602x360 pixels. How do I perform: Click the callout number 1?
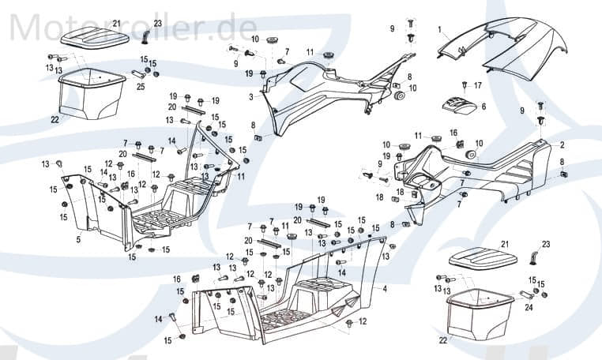click(439, 28)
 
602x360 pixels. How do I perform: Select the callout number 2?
click(562, 145)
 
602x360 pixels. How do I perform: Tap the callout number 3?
click(250, 97)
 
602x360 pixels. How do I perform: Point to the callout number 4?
click(385, 289)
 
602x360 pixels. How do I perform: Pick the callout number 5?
click(78, 238)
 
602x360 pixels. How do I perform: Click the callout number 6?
click(483, 106)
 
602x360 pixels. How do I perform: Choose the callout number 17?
click(478, 84)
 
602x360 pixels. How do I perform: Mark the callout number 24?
click(529, 308)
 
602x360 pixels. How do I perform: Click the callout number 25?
click(141, 86)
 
